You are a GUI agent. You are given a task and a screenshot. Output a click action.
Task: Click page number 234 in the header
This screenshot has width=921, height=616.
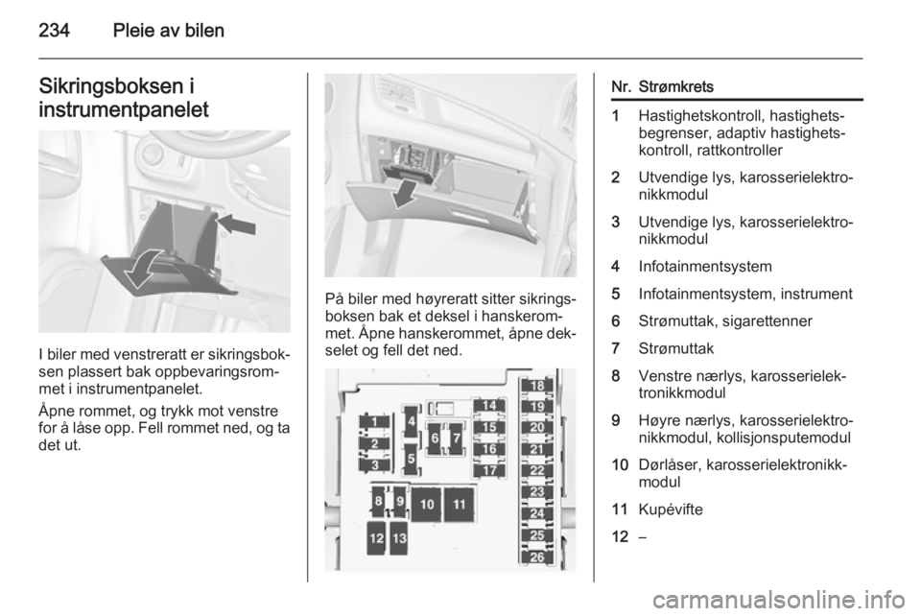point(54,30)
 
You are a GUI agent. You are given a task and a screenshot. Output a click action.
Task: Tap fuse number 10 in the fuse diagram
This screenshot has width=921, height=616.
point(427,504)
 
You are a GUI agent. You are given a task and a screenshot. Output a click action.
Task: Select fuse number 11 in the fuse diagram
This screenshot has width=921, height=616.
point(460,504)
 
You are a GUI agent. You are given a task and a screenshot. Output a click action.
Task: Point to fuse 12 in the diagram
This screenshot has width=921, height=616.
point(377,538)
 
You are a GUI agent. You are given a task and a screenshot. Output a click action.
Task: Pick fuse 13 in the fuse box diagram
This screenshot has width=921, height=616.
point(399,538)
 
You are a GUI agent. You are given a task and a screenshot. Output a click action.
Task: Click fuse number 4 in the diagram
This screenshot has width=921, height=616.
point(412,420)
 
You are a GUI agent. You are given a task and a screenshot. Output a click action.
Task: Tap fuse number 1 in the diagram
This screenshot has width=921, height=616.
point(376,421)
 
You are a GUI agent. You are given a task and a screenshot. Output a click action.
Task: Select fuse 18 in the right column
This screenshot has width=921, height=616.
point(537,386)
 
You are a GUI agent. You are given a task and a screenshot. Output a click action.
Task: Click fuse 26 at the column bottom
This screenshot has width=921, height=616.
point(537,557)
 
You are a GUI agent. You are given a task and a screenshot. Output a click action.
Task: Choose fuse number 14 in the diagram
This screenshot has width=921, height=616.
point(489,406)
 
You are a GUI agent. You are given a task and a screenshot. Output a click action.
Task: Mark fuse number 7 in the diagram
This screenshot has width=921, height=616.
point(455,438)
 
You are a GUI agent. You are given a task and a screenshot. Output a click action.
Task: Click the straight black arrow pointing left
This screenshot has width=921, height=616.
point(236,224)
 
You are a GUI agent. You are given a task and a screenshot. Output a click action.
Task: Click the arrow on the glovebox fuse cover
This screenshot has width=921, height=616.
point(405,193)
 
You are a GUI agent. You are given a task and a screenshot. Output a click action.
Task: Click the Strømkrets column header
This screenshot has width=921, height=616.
point(675,87)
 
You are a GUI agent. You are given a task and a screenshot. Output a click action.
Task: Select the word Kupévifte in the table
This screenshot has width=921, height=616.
point(671,509)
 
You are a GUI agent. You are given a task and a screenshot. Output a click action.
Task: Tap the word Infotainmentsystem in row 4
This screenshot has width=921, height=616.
point(705,267)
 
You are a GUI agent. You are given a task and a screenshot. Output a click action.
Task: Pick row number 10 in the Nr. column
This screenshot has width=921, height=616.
point(620,465)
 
